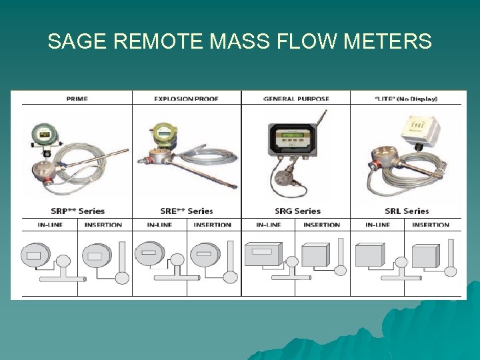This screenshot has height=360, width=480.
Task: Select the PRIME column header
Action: tap(77, 99)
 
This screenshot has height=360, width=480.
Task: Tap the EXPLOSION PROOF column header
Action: tap(186, 99)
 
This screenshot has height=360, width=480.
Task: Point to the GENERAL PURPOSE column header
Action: tap(296, 99)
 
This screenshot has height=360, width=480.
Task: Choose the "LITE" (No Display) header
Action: tap(406, 99)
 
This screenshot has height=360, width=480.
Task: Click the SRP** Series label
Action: tap(77, 211)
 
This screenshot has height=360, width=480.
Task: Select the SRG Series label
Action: tap(297, 211)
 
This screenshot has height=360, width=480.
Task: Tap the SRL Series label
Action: tap(407, 211)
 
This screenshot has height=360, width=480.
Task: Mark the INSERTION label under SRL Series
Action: tap(431, 225)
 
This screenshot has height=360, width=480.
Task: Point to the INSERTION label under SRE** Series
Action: tap(212, 225)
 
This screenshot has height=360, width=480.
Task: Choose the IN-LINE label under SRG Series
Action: tap(268, 225)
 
